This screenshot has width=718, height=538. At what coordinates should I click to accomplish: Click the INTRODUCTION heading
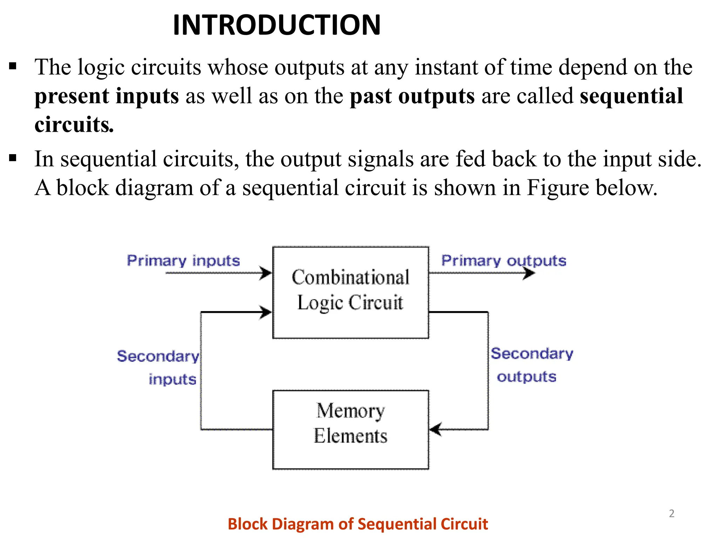pos(277,25)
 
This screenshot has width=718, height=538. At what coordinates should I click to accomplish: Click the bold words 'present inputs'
pos(107,96)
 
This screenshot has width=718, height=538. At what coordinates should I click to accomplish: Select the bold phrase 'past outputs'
pos(412,96)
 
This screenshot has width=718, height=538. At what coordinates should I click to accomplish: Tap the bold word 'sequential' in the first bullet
pos(631,96)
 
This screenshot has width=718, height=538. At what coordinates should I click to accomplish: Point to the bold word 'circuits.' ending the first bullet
pos(74,125)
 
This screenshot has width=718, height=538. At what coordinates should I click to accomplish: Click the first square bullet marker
pos(13,66)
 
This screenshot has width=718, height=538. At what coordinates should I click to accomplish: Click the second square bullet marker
pos(13,158)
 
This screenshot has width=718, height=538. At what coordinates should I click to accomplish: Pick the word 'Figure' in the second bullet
pos(558,188)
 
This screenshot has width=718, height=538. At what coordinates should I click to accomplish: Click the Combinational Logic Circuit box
pos(351,292)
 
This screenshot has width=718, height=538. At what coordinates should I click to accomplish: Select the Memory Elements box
pos(351,429)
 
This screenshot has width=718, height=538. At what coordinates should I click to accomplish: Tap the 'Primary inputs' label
pos(183,261)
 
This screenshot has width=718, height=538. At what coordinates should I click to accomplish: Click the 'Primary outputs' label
pos(503,261)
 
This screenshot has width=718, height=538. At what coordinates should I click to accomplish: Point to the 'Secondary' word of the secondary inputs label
pos(158,356)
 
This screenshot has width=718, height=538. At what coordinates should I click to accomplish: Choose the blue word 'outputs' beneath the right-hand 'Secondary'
pos(527,377)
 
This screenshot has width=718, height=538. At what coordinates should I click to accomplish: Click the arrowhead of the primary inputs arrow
pos(266,273)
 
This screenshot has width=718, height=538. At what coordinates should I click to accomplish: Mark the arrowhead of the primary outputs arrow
pos(529,273)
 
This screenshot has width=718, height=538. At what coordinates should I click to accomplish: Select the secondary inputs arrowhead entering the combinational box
pos(266,312)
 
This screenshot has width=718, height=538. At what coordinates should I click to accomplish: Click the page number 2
pos(671,513)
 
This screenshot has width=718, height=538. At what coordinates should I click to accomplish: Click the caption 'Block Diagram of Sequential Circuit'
pos(358,524)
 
